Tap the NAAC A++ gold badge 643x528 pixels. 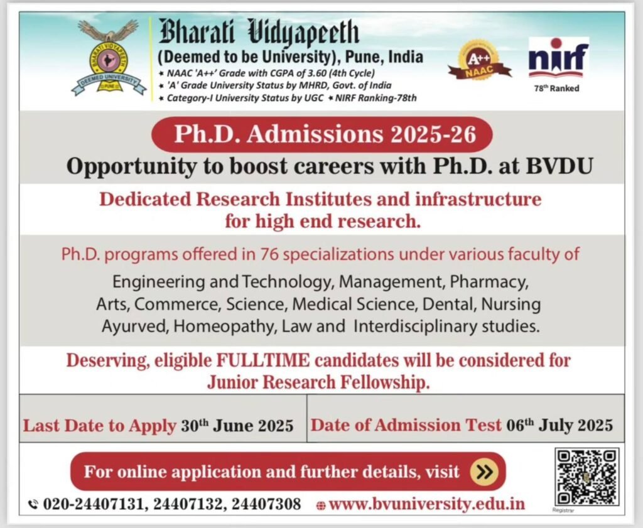pos(479,61)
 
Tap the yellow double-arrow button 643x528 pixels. pos(484,471)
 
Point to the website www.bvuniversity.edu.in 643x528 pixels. pos(427,504)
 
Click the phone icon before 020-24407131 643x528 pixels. pos(34,504)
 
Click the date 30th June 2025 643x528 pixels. pos(237,426)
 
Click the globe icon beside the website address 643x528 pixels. pos(321,505)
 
